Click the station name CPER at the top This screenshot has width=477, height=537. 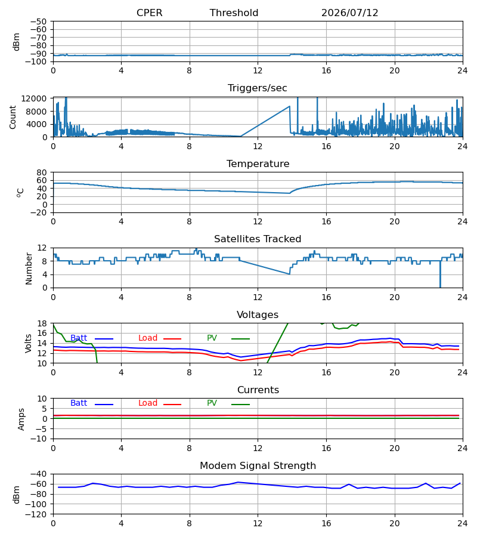[149, 13]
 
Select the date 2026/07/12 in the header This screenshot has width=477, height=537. [350, 13]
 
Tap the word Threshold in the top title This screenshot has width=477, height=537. [234, 13]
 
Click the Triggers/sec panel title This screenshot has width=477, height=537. [258, 88]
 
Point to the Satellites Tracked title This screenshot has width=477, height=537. [258, 239]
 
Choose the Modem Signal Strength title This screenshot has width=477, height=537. [258, 466]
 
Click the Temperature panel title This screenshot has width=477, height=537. [258, 163]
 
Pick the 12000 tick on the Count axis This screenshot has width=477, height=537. [34, 98]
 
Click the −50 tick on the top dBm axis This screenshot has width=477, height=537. [38, 21]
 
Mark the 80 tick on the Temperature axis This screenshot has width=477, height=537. [42, 172]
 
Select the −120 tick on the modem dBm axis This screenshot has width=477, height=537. [36, 514]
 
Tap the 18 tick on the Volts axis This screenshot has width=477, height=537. [42, 323]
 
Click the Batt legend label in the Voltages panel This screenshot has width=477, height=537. [79, 338]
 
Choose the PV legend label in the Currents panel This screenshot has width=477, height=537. [212, 403]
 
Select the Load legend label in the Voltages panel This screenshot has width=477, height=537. [148, 338]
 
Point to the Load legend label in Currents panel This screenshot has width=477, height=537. [148, 403]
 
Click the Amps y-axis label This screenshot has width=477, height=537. [21, 419]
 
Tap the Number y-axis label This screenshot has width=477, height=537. [29, 268]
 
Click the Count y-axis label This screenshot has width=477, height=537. [13, 117]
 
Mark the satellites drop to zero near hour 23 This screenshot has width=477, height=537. [440, 274]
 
